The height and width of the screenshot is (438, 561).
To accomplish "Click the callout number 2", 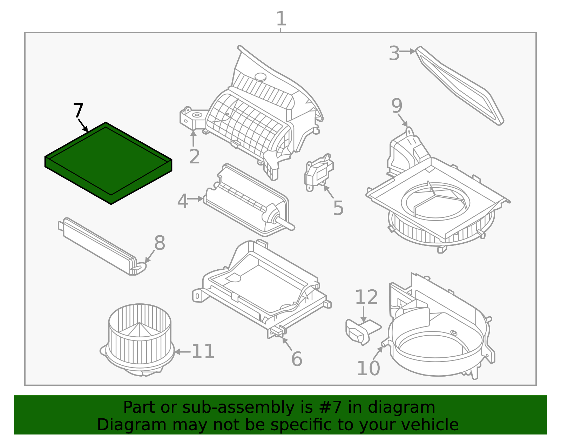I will point(194,157).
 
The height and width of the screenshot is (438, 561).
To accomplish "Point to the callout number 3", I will point(394,54).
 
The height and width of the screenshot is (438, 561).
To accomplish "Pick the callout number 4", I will point(183,201).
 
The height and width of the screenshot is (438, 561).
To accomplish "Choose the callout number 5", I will point(338,208).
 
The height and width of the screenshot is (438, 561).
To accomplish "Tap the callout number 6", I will point(297,359).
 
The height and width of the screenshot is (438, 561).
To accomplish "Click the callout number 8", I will point(160,243).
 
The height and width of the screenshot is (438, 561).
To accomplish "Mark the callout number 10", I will point(368,368).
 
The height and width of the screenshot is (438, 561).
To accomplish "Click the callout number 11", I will point(203,351).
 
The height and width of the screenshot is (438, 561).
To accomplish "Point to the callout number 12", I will point(366,297).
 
